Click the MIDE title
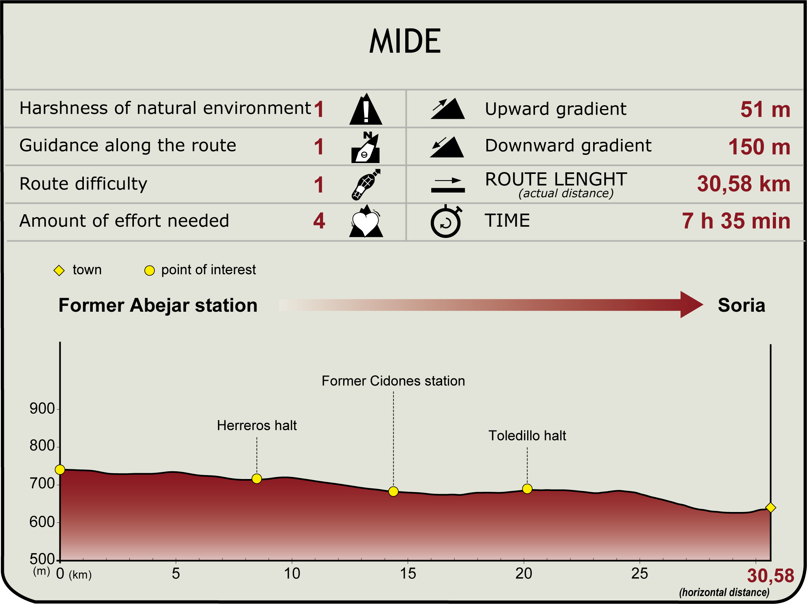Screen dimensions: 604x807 (405, 41)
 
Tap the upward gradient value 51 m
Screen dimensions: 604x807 (765, 109)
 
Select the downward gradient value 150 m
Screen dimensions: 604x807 (759, 147)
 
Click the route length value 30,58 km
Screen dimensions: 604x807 (743, 184)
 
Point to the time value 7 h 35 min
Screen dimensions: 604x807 (736, 221)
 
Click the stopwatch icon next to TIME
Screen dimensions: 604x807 (446, 222)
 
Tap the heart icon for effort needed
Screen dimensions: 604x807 (366, 222)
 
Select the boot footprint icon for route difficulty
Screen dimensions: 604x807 (366, 184)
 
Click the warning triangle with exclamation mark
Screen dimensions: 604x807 (366, 110)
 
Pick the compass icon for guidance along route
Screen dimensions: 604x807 (366, 148)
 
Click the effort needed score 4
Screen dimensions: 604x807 (319, 221)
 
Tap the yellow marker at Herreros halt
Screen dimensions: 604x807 (257, 479)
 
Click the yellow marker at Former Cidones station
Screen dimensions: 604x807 (393, 491)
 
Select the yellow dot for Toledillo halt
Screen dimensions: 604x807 (527, 489)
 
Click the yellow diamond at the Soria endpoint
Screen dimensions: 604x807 (771, 507)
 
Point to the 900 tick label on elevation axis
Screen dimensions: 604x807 (42, 409)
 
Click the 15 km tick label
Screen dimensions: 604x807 (408, 573)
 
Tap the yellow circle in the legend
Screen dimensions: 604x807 (149, 270)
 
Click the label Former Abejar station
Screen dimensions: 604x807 (158, 305)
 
